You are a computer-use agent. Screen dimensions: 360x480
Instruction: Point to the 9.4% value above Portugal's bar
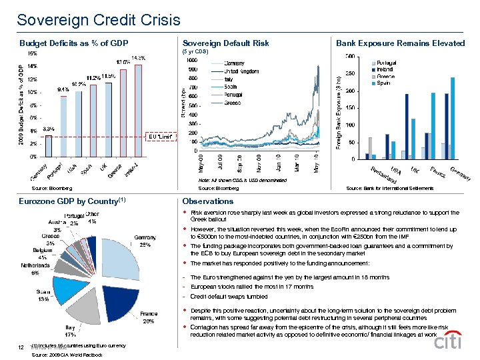point(65,89)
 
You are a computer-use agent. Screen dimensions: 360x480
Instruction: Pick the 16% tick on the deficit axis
point(31,52)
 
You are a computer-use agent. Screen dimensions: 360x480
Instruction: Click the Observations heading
point(208,201)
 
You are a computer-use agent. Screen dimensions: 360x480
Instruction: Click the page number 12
point(21,347)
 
